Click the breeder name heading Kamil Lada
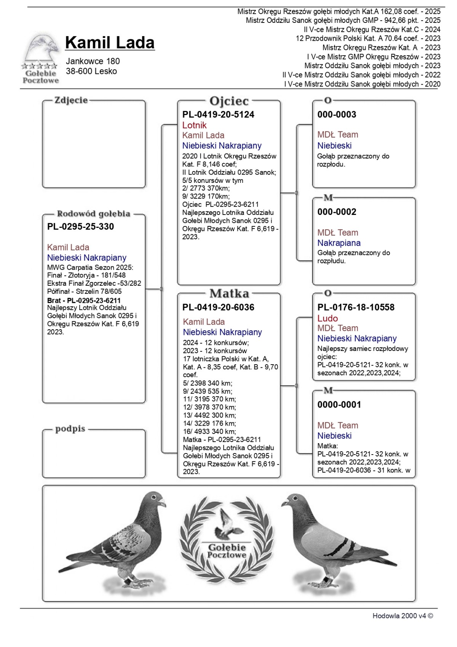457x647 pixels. tap(110, 43)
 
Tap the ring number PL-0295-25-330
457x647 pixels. tap(80, 227)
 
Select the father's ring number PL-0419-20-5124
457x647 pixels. tap(218, 115)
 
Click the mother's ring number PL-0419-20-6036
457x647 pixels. tap(218, 307)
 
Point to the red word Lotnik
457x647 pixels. tap(194, 125)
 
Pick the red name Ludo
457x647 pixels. tap(328, 319)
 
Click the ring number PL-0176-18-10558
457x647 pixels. tap(356, 307)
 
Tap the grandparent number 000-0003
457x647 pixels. tap(337, 115)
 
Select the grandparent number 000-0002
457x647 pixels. tap(337, 212)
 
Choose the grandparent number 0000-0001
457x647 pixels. tap(339, 405)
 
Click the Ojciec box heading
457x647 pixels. tap(229, 101)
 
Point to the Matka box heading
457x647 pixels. tap(229, 294)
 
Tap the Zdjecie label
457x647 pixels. tap(71, 101)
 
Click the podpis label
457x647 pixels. tap(70, 429)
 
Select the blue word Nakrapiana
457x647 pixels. tap(339, 243)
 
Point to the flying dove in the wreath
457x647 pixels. tap(227, 524)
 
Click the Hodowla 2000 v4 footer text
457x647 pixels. tap(403, 616)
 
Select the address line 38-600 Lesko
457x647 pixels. tap(91, 71)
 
